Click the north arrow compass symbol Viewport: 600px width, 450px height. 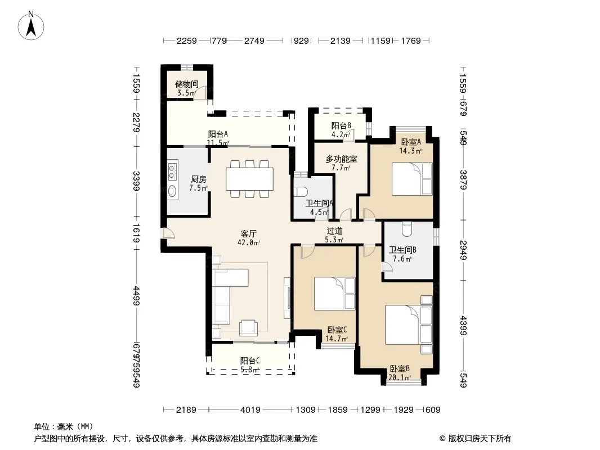pos(31,26)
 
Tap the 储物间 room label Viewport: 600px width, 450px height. pos(187,84)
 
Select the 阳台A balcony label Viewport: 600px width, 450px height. pos(218,134)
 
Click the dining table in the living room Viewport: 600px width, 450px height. pos(249,179)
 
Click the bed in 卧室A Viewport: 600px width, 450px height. pos(412,179)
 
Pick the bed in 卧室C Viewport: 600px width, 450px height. pos(334,293)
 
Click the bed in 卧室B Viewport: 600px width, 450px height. pos(409,324)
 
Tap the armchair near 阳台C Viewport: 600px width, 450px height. pos(249,327)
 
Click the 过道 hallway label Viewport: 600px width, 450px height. pos(334,231)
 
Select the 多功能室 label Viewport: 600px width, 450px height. pos(341,159)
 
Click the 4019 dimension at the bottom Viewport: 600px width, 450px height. pos(250,410)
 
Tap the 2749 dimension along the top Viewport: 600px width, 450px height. pos(254,40)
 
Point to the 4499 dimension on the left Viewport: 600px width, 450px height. pos(136,296)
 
